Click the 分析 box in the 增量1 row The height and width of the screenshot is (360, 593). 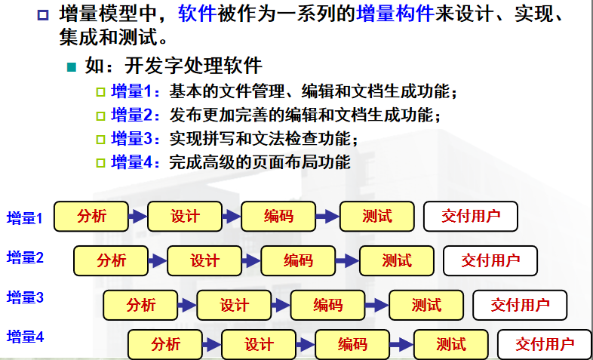91,217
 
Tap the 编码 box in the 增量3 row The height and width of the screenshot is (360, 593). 328,305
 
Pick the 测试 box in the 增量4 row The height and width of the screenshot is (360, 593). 451,344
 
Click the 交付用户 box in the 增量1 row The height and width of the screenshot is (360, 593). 471,217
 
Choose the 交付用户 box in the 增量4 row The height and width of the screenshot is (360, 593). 545,344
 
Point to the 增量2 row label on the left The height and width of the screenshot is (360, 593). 26,258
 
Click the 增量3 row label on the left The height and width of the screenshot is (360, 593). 26,297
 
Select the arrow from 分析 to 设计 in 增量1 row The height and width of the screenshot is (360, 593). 138,217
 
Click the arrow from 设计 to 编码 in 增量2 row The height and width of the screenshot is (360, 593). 251,262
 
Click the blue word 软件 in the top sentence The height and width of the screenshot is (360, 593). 198,13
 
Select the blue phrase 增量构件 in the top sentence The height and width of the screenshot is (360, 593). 395,13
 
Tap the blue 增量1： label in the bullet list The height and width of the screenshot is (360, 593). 136,91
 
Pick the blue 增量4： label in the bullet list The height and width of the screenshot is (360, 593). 136,162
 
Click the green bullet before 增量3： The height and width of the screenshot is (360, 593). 101,140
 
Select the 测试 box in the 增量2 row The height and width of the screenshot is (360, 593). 397,261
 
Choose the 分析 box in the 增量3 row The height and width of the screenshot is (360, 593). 141,305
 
